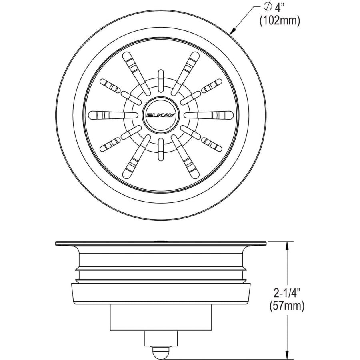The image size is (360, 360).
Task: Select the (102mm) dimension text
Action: point(280,21)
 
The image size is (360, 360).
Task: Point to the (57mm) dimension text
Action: point(287,306)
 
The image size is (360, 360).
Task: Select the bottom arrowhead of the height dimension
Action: point(287,355)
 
